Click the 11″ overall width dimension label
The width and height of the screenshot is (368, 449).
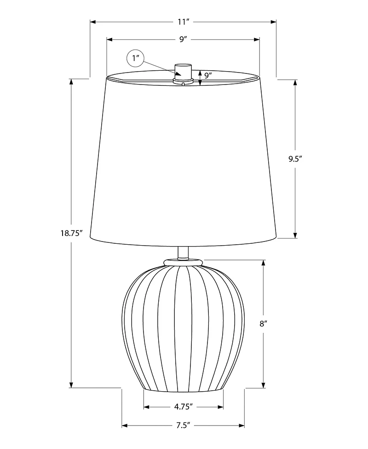(183, 22)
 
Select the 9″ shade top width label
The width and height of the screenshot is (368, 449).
(183, 40)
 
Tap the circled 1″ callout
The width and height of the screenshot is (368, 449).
(135, 58)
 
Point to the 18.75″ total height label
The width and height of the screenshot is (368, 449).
(71, 233)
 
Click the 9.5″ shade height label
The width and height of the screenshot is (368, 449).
(295, 159)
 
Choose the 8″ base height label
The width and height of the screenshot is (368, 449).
(264, 323)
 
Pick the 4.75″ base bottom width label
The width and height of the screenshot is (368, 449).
(183, 407)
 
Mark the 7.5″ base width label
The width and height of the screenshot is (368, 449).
(183, 426)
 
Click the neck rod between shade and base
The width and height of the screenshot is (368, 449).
(183, 252)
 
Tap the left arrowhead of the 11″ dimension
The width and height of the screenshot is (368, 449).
(92, 22)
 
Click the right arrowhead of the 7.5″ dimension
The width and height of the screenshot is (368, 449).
(242, 426)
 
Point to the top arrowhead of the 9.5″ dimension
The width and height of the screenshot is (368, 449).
(295, 82)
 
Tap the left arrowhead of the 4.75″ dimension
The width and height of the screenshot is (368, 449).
(146, 407)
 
